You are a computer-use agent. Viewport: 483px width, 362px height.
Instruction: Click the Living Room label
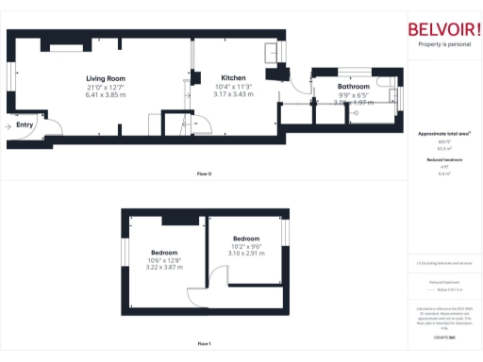click(x=106, y=78)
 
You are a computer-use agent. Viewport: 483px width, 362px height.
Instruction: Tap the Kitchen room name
click(x=233, y=78)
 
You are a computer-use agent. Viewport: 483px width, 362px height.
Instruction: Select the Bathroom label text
click(x=353, y=88)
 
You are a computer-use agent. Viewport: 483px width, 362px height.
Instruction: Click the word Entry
click(x=25, y=123)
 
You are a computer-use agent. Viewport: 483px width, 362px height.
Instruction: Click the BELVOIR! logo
click(x=442, y=29)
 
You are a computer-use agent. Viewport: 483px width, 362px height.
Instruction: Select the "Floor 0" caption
click(x=204, y=173)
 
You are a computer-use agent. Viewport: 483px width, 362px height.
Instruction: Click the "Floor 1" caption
click(x=204, y=343)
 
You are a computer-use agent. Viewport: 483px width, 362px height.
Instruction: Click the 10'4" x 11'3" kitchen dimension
click(x=233, y=87)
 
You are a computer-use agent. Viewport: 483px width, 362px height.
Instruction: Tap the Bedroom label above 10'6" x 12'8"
click(x=164, y=252)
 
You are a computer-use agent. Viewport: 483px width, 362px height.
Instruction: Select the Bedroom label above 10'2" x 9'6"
click(x=246, y=239)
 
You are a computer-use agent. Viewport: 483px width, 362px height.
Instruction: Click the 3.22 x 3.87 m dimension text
click(x=164, y=268)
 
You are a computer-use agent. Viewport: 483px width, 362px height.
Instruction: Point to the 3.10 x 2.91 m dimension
click(x=246, y=254)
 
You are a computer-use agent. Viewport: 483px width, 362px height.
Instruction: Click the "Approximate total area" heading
click(x=444, y=134)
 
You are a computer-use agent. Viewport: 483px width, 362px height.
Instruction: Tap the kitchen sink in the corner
click(x=271, y=51)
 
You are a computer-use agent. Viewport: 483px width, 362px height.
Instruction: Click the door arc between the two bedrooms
click(x=216, y=274)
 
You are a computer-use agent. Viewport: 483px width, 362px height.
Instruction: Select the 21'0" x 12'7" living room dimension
click(x=106, y=87)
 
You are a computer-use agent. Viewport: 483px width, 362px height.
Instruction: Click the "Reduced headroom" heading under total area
click(x=444, y=160)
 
